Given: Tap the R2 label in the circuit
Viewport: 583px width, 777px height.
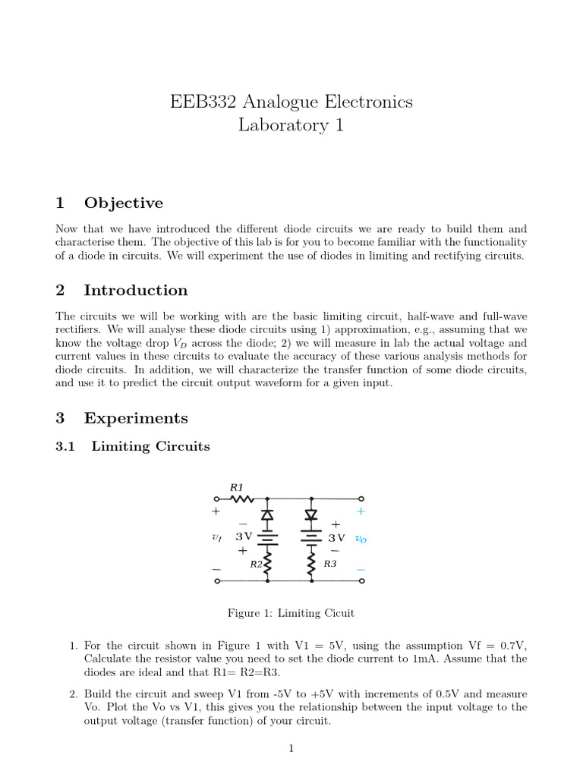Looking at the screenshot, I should click(256, 564).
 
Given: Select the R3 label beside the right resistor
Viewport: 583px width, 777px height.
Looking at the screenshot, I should click(329, 564).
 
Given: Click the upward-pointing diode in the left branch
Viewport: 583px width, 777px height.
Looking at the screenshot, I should click(267, 515).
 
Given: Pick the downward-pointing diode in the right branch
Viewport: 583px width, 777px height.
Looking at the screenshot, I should click(310, 515).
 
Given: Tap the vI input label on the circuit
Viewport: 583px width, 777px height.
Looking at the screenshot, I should click(217, 537).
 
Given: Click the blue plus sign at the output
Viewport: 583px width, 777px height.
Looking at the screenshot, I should click(361, 512).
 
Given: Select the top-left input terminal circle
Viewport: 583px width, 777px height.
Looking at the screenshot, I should click(218, 499).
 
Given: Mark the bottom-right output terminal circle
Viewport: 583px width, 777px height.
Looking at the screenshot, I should click(361, 581).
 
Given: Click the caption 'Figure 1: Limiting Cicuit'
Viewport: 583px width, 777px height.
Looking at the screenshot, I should click(291, 613).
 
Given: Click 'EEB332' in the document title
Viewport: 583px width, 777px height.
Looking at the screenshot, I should click(200, 102).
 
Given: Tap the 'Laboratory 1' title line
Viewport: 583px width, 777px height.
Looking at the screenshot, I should click(291, 125).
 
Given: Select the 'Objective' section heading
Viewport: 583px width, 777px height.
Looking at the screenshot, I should click(123, 203).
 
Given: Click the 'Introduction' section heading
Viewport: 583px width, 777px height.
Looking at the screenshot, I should click(135, 290).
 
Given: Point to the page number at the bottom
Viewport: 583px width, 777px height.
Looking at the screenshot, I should click(291, 749).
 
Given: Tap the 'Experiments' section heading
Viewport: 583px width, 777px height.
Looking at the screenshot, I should click(135, 418).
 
